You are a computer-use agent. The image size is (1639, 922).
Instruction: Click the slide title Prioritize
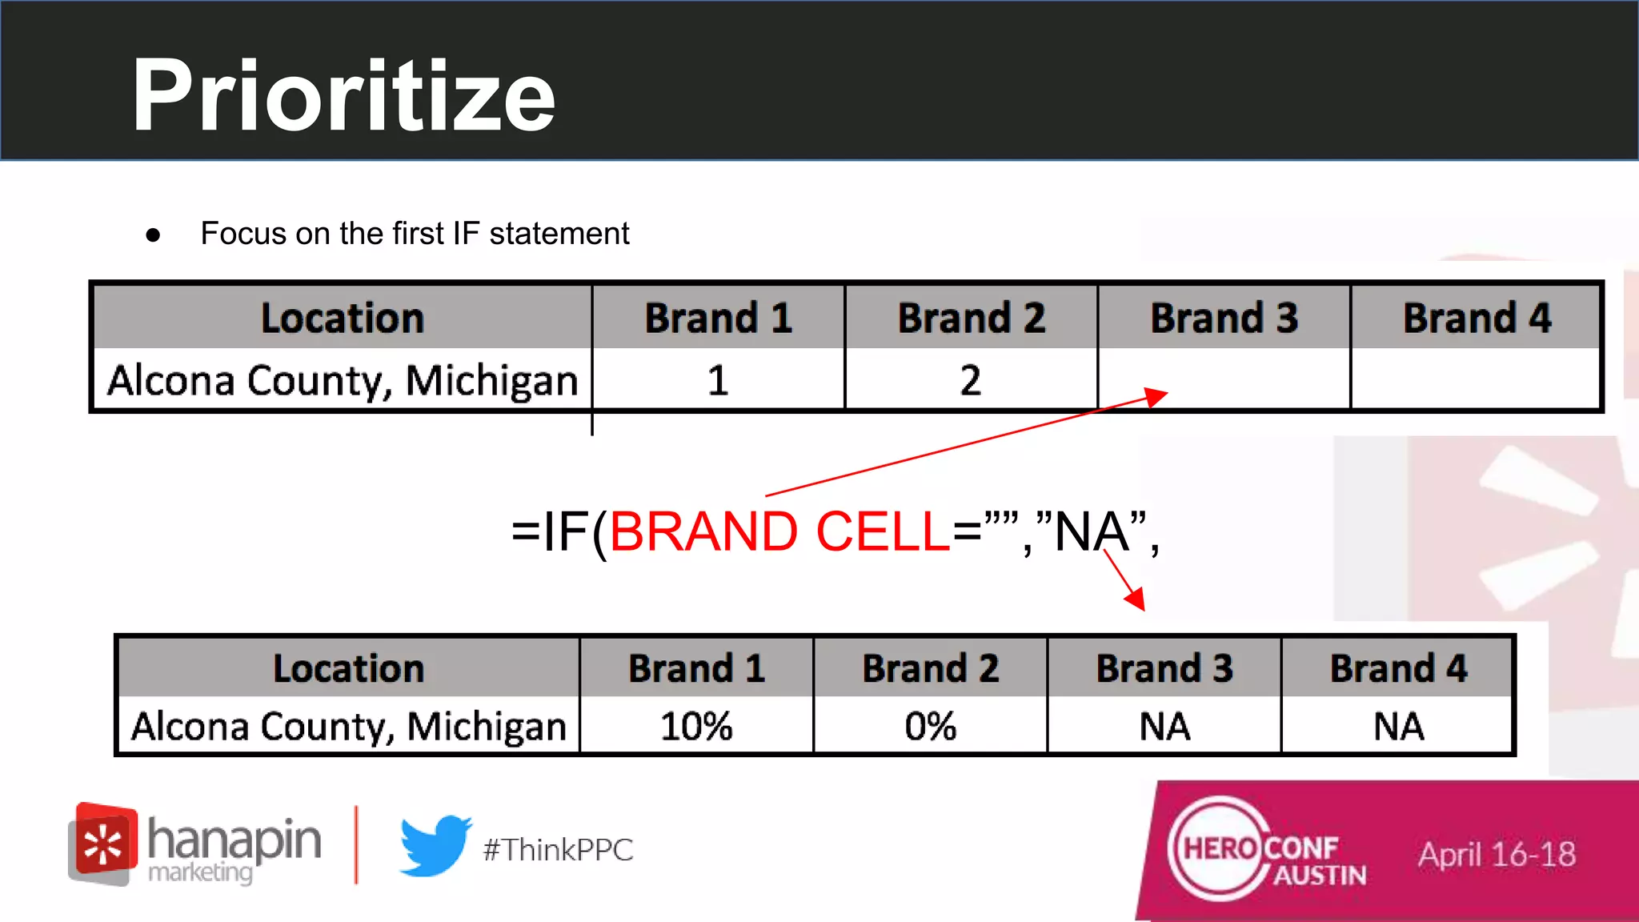pyautogui.click(x=343, y=97)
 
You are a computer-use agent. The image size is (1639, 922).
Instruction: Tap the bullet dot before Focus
pyautogui.click(x=153, y=235)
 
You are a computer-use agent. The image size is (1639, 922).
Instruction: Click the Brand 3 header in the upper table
pyautogui.click(x=1224, y=318)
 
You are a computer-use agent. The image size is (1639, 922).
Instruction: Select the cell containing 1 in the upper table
pyautogui.click(x=718, y=380)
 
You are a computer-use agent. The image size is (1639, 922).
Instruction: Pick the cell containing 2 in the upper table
pyautogui.click(x=971, y=380)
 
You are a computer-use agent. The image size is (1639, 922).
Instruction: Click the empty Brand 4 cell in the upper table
pyautogui.click(x=1476, y=380)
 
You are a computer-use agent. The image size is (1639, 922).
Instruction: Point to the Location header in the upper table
pyautogui.click(x=343, y=318)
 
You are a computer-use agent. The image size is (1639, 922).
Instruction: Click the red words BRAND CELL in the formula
pyautogui.click(x=779, y=532)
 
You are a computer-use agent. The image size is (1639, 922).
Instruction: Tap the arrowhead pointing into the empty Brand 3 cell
pyautogui.click(x=1157, y=396)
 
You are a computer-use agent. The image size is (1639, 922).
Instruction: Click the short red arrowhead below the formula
pyautogui.click(x=1136, y=598)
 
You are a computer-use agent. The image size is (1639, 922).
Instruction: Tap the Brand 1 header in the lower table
pyautogui.click(x=696, y=668)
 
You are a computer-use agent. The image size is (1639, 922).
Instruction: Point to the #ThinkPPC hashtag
pyautogui.click(x=558, y=850)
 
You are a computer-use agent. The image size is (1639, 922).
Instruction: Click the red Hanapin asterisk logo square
pyautogui.click(x=102, y=842)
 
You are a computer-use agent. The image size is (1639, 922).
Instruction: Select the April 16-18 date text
pyautogui.click(x=1497, y=855)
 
